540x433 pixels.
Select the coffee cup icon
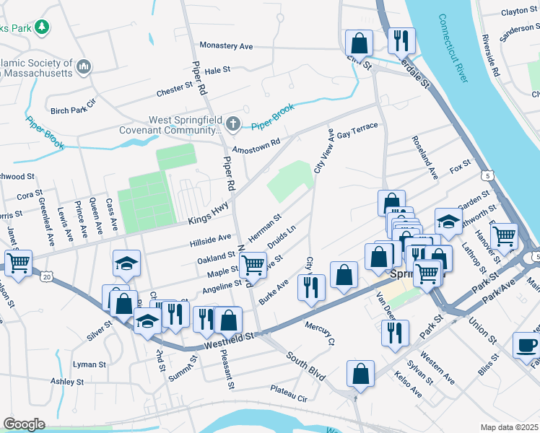[x=526, y=344]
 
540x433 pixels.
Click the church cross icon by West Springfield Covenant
[x=232, y=124]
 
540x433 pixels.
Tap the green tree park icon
[x=43, y=27]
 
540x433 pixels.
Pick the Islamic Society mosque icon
[x=84, y=66]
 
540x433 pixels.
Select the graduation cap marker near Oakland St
[x=126, y=263]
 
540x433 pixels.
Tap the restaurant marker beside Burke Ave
[x=311, y=287]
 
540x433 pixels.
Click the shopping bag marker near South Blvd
[x=360, y=373]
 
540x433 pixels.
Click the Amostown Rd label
[x=255, y=144]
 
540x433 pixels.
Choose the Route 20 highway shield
[x=48, y=276]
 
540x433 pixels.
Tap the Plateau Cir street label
[x=289, y=393]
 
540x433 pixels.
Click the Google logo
[x=23, y=424]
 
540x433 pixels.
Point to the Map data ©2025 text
[x=509, y=427]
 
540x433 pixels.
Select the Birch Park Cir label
[x=73, y=108]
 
